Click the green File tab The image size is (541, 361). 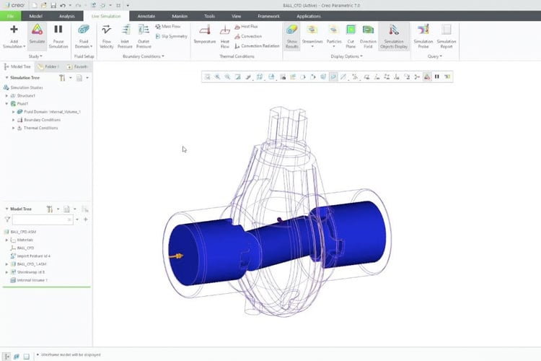click(10, 15)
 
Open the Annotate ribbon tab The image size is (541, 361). click(146, 15)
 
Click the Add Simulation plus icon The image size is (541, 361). click(14, 30)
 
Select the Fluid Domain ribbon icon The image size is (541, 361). click(84, 31)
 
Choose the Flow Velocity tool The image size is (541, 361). click(107, 30)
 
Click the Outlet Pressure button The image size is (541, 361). click(144, 30)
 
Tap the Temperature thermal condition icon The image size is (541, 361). click(204, 31)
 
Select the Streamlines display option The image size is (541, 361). click(313, 30)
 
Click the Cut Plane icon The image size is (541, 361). click(351, 30)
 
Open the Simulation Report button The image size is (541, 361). click(446, 31)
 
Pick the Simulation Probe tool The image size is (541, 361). click(423, 31)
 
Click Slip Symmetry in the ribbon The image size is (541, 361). click(171, 36)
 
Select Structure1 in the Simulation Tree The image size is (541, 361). click(27, 95)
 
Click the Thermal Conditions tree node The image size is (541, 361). click(40, 128)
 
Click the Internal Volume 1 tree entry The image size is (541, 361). click(32, 280)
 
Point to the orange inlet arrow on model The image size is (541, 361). click(176, 256)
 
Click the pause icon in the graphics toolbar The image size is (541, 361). click(437, 76)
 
